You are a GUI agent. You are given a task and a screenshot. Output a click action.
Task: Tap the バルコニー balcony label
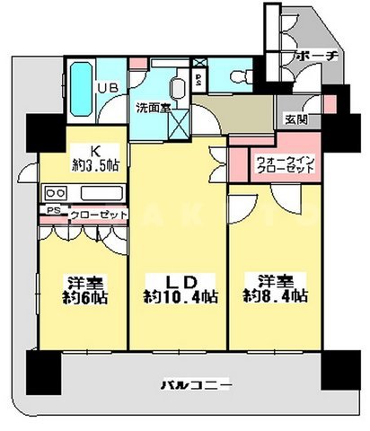tap(199, 385)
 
